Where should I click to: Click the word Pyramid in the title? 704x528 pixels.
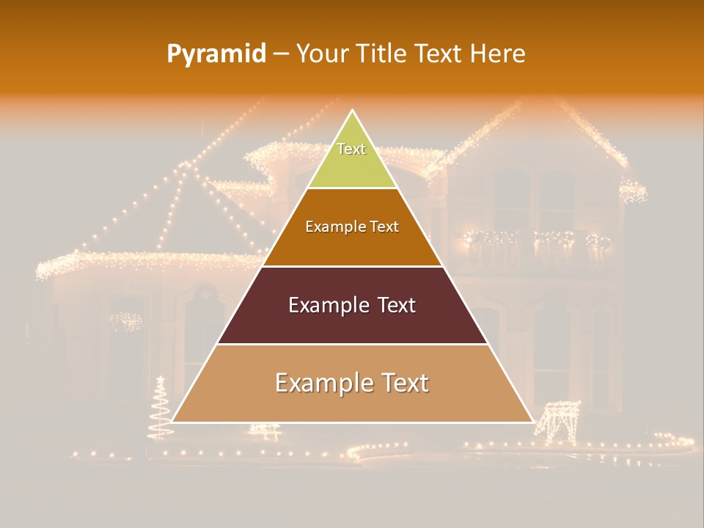click(216, 54)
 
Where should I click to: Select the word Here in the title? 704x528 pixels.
click(497, 54)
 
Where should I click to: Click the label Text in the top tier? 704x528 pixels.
click(351, 149)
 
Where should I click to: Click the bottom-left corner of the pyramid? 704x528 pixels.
click(172, 422)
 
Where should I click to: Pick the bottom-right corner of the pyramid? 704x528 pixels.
click(532, 422)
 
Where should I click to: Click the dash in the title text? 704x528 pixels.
click(281, 54)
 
